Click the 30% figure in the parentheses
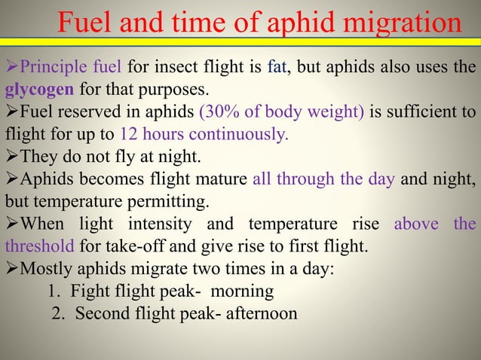[221, 113]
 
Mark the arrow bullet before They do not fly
[12, 157]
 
